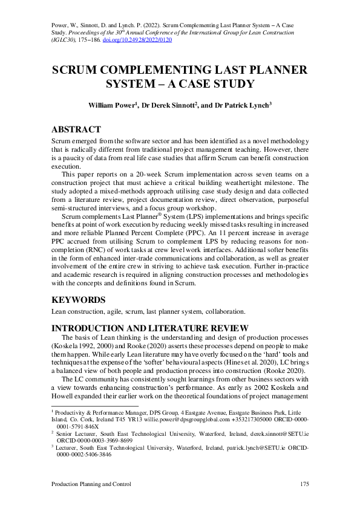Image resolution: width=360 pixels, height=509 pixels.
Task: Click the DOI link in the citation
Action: (147, 40)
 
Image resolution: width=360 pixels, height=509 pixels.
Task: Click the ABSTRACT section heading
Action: (76, 129)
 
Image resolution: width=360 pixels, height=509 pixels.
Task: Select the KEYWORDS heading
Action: (79, 299)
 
